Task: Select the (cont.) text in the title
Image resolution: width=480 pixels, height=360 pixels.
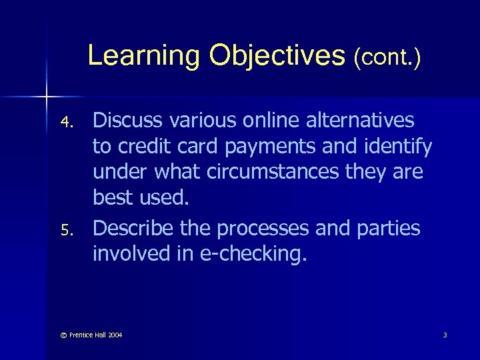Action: point(388,57)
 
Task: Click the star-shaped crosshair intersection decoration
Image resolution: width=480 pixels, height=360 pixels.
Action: point(46,98)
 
